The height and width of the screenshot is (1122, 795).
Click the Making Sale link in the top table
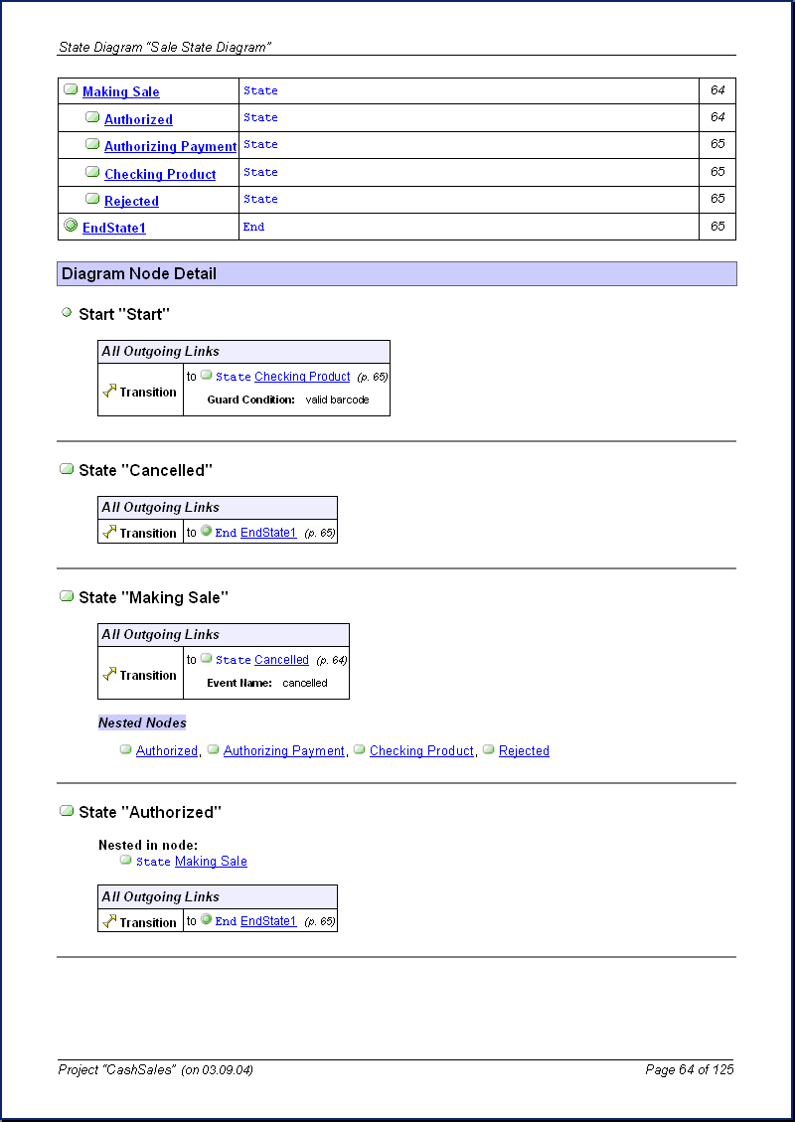[120, 92]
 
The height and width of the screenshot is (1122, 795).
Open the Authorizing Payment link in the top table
[170, 147]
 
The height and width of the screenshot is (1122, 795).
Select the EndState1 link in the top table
[114, 229]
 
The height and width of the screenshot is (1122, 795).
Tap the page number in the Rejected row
[717, 199]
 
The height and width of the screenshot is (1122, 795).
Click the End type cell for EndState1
[254, 227]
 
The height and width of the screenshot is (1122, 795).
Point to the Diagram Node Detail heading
[139, 273]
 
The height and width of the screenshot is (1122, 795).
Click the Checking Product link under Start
[302, 377]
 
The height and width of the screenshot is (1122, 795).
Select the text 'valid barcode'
[337, 400]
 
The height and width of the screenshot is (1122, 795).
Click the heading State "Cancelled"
[145, 470]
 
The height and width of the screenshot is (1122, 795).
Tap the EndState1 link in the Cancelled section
[268, 533]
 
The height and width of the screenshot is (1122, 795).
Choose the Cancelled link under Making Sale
[281, 660]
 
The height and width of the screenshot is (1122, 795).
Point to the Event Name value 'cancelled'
[304, 683]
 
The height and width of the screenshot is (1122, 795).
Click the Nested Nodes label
[142, 722]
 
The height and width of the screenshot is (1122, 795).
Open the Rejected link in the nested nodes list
[524, 751]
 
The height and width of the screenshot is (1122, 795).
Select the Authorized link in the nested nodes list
[167, 751]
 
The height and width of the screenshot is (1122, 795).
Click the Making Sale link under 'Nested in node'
[211, 862]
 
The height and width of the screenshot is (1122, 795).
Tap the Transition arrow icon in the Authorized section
[110, 921]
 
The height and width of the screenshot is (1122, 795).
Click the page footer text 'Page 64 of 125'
[689, 1069]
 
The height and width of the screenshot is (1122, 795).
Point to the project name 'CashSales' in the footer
[145, 1069]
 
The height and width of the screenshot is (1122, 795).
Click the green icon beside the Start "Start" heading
[67, 313]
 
